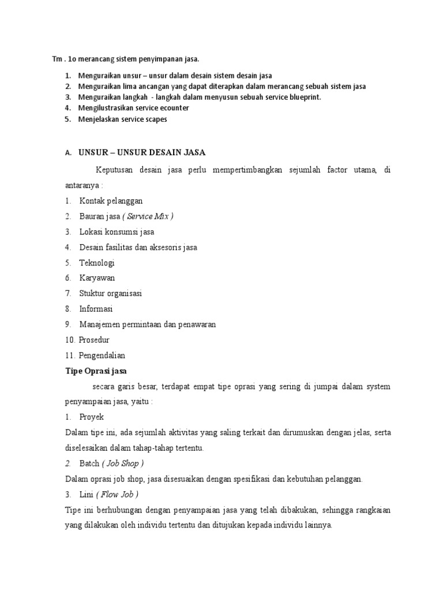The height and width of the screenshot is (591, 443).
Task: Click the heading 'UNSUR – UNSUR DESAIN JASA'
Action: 142,152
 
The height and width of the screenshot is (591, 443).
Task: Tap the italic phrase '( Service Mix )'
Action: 148,216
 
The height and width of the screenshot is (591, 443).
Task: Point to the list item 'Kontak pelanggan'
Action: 111,200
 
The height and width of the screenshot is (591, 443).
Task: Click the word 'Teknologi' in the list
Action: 97,263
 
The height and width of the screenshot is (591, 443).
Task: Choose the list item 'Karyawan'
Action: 97,278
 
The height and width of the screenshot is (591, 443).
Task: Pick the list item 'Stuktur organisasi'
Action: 111,293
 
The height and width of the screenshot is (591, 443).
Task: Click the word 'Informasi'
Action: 96,309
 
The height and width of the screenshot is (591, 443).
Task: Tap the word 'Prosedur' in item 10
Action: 95,339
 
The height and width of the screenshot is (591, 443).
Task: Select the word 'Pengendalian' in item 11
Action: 102,355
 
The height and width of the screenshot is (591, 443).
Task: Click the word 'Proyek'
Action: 92,416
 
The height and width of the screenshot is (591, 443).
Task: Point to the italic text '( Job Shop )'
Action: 123,463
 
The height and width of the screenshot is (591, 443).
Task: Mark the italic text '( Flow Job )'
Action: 121,494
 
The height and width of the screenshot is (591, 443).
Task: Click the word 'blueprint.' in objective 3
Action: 303,97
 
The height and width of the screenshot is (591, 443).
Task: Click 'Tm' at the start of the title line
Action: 57,59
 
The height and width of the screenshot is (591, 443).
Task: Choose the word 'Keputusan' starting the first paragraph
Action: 115,170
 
